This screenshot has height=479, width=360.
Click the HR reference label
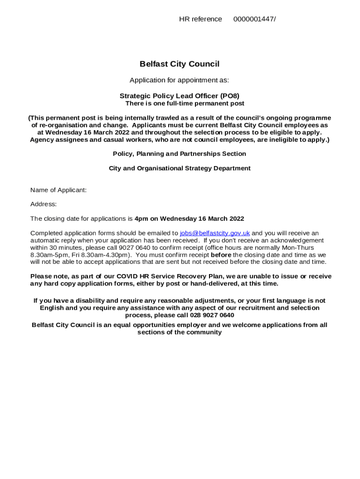(201, 19)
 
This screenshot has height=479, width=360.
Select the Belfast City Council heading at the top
(180, 64)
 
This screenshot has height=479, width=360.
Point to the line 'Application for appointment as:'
(180, 80)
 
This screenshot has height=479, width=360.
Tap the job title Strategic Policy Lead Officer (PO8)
(180, 96)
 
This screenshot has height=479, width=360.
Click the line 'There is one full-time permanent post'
(185, 103)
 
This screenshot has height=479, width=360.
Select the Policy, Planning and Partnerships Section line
(180, 153)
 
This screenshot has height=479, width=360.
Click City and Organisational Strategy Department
(180, 168)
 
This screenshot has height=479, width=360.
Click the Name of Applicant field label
(58, 190)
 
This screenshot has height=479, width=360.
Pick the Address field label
(43, 204)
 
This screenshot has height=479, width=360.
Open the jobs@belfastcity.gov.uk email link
(215, 233)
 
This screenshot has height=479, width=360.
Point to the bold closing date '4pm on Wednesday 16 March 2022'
(189, 218)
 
